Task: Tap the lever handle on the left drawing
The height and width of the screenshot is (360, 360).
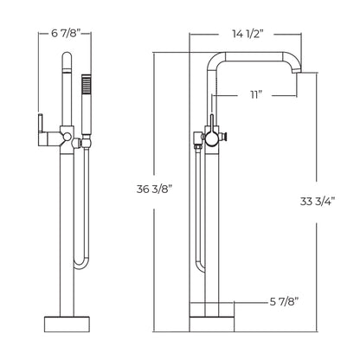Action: tap(40, 122)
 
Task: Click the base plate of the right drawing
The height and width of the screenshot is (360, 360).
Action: tap(213, 321)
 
